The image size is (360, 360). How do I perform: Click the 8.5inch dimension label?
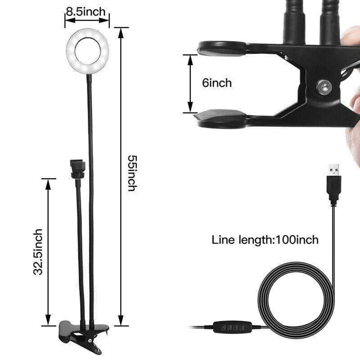[87, 10]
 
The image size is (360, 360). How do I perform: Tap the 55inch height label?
[131, 173]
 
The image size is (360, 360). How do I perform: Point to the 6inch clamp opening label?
[216, 83]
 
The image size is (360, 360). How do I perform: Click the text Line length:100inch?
[265, 239]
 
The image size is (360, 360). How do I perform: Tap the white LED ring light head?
[88, 48]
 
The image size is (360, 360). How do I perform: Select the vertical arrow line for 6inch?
[190, 83]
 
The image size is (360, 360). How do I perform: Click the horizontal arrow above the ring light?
[87, 19]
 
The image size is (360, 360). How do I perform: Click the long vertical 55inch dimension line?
[121, 175]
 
